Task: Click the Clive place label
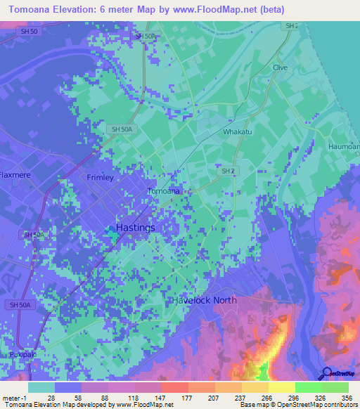tap(281, 67)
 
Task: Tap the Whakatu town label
tap(237, 131)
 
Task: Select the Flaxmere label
tap(13, 174)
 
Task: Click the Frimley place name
tap(100, 178)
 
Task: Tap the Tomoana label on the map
tap(164, 190)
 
